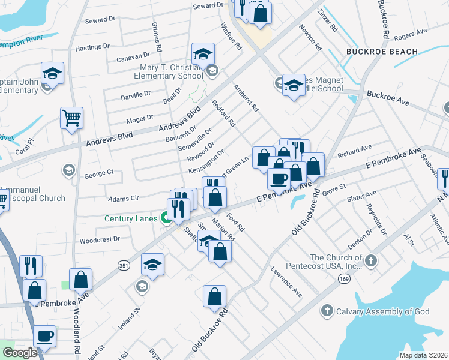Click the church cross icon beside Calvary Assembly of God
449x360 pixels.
[327, 310]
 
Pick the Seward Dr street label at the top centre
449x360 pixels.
[208, 5]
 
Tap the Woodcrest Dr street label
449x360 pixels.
[100, 239]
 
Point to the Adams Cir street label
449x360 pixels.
[123, 197]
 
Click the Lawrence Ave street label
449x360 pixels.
[286, 282]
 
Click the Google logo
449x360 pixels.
[20, 353]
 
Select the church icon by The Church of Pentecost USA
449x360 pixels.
[371, 260]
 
